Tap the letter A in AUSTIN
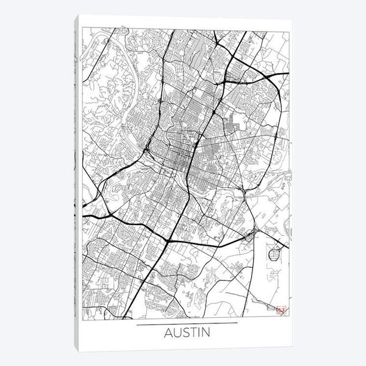pos(168,334)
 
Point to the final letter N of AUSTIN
pos(204,334)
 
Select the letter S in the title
pos(182,334)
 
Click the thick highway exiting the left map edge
pos(88,216)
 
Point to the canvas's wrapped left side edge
pos(77,183)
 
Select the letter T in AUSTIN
pos(190,334)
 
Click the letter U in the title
pos(175,334)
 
